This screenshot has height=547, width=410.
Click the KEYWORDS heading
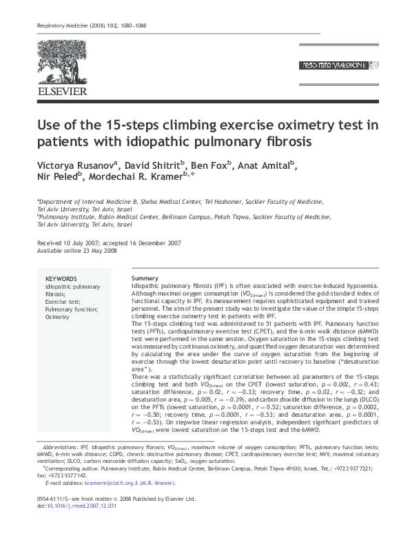[61, 278]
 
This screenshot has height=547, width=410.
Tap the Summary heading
[145, 278]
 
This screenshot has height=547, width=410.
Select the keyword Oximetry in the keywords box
[57, 318]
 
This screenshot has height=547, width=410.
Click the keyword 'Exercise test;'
[63, 302]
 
